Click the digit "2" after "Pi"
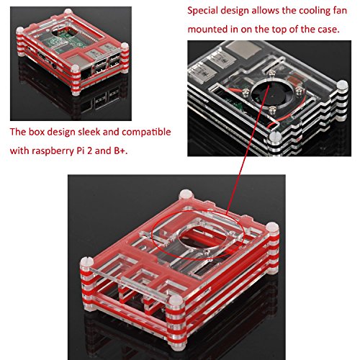[x=89, y=150]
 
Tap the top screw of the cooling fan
[x=271, y=74]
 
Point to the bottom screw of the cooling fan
[x=271, y=110]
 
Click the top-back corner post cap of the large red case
[x=186, y=194]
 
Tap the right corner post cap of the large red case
[x=272, y=228]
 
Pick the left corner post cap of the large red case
[x=86, y=262]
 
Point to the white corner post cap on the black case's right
[x=342, y=86]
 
